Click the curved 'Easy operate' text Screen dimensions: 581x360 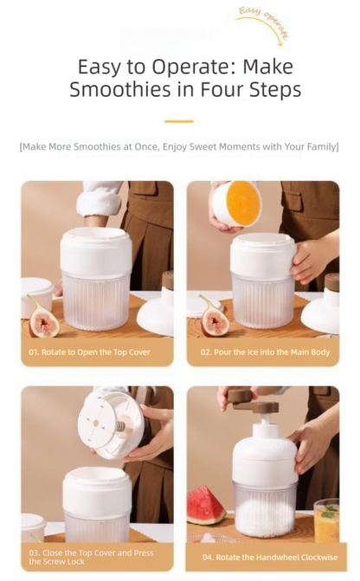click(x=263, y=23)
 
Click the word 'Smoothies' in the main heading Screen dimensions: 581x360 click(x=123, y=89)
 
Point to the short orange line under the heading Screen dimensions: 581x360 click(x=179, y=121)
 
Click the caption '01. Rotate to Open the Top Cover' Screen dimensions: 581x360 click(x=89, y=352)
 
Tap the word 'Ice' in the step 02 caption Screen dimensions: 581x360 click(x=252, y=352)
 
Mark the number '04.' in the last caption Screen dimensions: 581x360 click(x=209, y=557)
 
